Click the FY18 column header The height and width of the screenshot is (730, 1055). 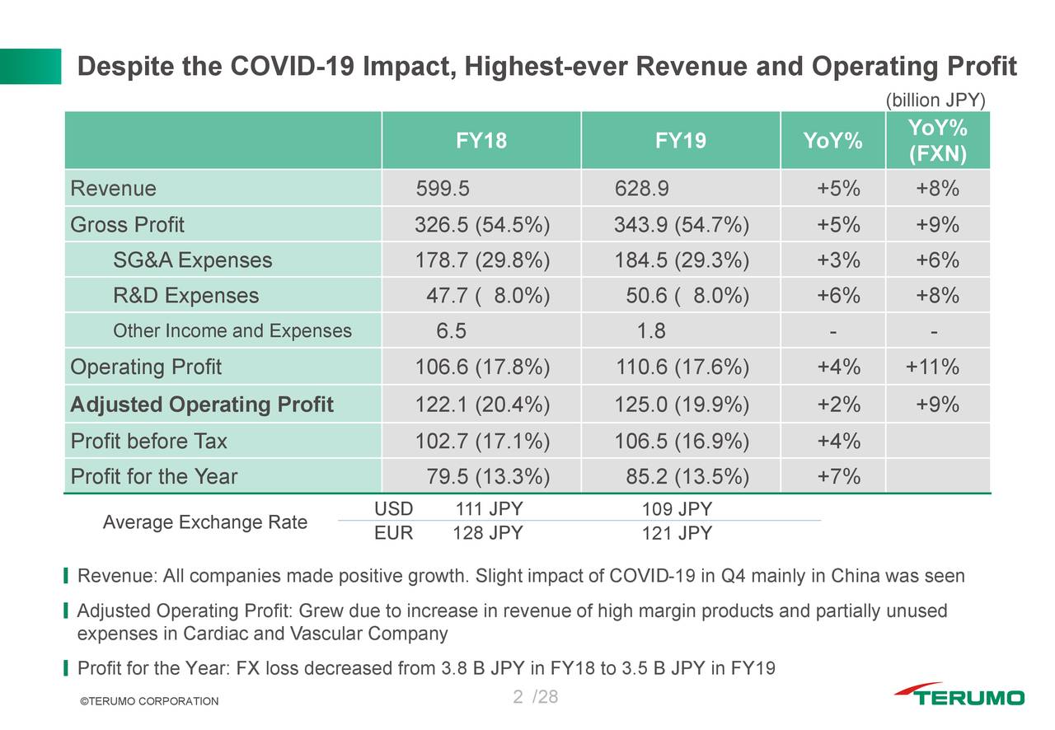(x=481, y=141)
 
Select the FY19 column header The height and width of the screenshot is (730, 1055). (x=680, y=141)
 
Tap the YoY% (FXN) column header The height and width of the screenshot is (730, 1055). (x=937, y=141)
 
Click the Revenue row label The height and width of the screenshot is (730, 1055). (x=113, y=189)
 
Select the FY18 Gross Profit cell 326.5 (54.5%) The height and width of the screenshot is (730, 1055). (x=482, y=225)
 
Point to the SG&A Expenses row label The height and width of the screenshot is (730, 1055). (x=192, y=260)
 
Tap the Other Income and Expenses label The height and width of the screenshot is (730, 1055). (x=232, y=331)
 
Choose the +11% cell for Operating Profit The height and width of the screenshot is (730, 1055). (x=932, y=367)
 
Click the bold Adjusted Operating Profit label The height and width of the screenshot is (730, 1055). (x=202, y=405)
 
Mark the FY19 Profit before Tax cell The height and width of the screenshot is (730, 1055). (x=682, y=442)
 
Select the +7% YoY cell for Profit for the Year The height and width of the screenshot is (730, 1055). (x=838, y=477)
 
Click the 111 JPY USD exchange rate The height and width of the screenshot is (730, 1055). (x=489, y=509)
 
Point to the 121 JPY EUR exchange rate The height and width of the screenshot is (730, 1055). (x=677, y=534)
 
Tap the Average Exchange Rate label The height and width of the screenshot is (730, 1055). (x=204, y=522)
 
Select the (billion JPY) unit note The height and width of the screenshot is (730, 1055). (x=935, y=101)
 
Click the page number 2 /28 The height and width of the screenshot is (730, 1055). (x=535, y=698)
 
